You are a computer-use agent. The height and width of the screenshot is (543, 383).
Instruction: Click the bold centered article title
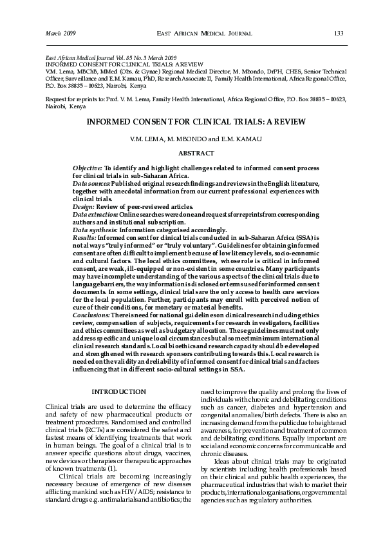coord(195,121)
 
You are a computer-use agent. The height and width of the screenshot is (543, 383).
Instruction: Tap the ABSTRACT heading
coord(196,153)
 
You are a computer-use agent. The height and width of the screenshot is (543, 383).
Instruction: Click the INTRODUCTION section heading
coord(118,392)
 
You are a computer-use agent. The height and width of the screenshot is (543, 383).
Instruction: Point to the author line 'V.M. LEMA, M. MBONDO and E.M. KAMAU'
coord(196,139)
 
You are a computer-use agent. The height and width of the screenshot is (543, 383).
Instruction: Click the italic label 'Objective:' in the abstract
coord(88,168)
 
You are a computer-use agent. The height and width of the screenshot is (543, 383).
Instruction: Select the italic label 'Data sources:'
coord(91,183)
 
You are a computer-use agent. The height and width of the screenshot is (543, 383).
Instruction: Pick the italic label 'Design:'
coord(84,206)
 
